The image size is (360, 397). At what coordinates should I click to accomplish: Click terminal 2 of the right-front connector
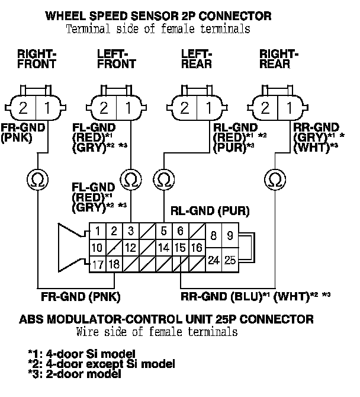[23, 108]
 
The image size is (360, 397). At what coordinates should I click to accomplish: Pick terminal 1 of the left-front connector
[127, 108]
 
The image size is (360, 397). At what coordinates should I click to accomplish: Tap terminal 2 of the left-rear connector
[185, 108]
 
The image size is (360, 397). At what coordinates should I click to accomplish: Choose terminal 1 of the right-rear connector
[289, 108]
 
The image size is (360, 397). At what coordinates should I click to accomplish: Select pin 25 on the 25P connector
[230, 259]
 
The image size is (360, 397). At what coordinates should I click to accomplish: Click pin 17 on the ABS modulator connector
[98, 264]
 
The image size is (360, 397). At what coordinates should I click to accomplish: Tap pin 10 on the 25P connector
[98, 247]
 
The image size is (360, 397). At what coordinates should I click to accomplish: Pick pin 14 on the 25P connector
[164, 247]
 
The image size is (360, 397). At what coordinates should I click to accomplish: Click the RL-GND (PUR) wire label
[210, 211]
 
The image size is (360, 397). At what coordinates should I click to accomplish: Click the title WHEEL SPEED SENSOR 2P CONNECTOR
[159, 15]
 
